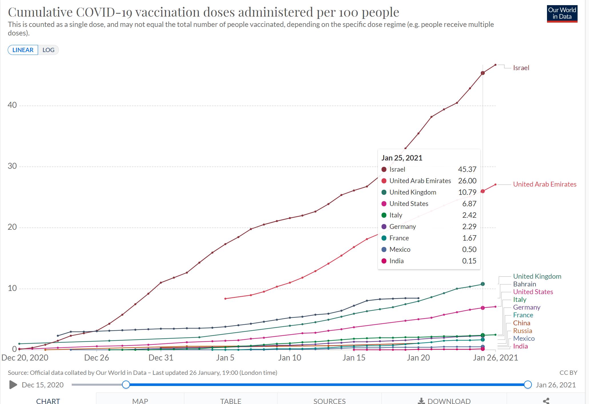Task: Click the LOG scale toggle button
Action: point(48,50)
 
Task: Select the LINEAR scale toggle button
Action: point(23,50)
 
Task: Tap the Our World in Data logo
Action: point(562,13)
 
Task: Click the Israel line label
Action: point(521,68)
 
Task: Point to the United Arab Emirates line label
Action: point(544,184)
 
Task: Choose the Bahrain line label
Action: point(524,284)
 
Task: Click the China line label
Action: point(522,323)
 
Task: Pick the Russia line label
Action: point(522,331)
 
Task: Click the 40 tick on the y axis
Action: point(12,105)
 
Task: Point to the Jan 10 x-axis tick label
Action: point(290,358)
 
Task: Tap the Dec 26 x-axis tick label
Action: point(97,358)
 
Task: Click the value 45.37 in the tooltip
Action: point(467,169)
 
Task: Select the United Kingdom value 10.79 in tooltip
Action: point(467,192)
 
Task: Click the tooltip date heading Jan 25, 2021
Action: point(402,158)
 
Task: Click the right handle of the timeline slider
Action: point(528,385)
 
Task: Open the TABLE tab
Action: point(231,401)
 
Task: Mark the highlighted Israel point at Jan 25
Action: point(483,73)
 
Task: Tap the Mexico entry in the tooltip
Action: point(400,249)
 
